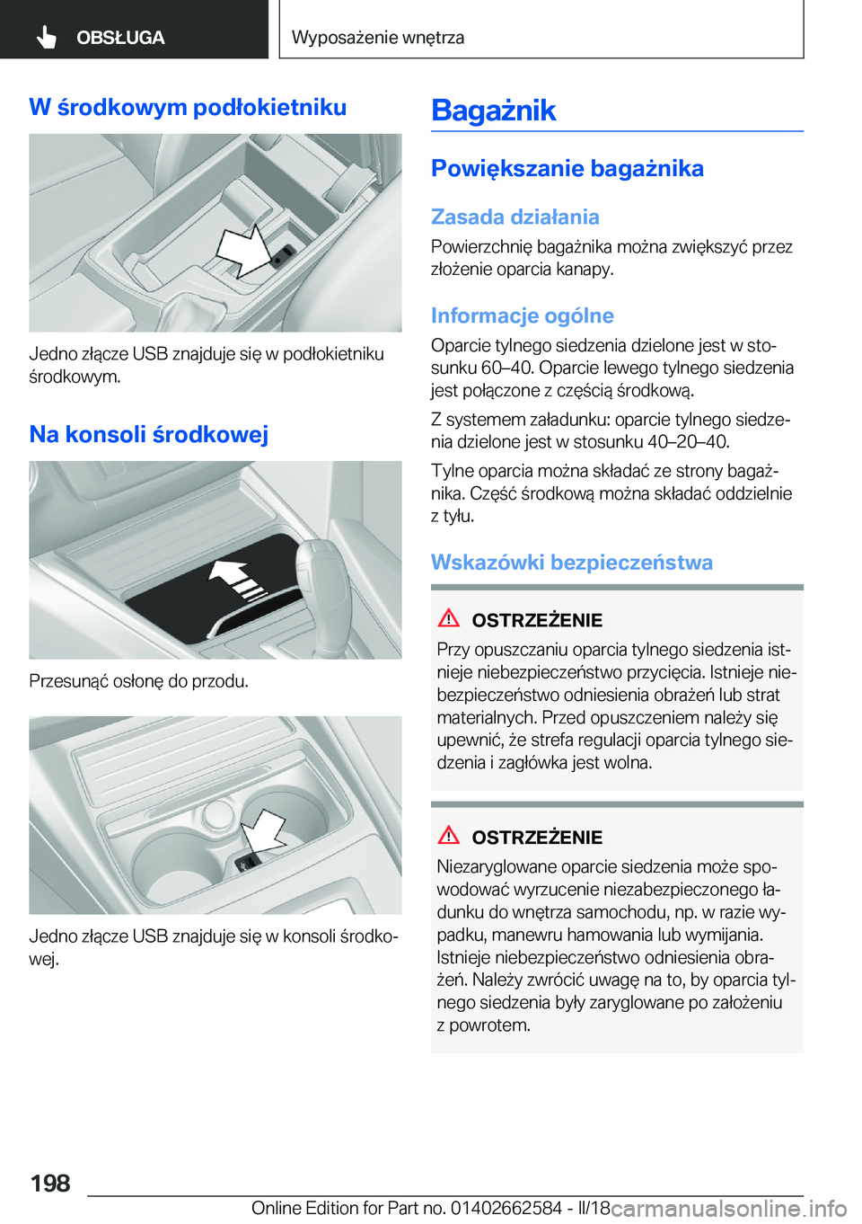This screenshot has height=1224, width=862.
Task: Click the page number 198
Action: (51, 1183)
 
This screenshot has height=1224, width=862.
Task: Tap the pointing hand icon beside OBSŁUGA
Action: (47, 38)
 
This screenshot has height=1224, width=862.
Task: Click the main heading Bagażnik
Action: (494, 111)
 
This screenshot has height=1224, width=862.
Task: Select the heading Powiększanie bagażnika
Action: (567, 168)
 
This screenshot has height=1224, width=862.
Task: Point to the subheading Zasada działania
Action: (515, 217)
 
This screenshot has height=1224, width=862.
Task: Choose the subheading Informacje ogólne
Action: (523, 315)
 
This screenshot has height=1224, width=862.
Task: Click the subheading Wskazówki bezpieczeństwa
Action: (572, 562)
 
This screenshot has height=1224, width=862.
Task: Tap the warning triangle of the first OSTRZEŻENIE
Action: (448, 618)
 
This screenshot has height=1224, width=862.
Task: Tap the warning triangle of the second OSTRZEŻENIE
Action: (448, 835)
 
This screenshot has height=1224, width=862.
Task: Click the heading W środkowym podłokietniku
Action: (188, 107)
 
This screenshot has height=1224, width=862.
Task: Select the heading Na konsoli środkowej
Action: (148, 434)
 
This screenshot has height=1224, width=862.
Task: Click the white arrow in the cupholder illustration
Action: (262, 832)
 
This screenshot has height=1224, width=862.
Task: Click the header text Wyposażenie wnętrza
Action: (378, 37)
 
